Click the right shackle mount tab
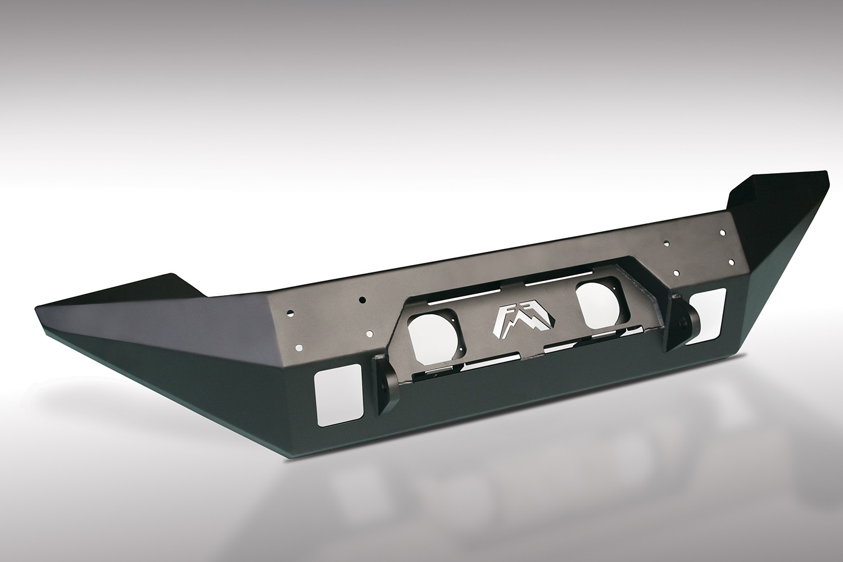click(679, 326)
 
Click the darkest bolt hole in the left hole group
click(363, 300)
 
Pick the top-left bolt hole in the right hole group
click(665, 243)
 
